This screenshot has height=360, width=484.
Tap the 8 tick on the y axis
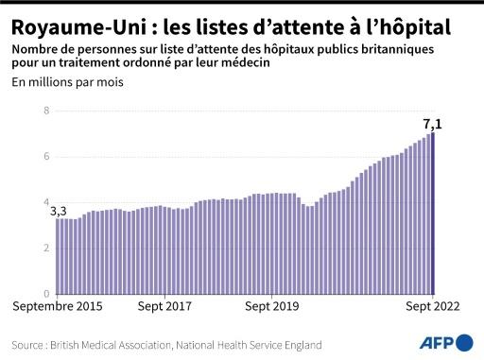(x=45, y=111)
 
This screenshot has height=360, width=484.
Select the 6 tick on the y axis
(x=45, y=156)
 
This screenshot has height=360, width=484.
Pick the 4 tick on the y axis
(x=45, y=201)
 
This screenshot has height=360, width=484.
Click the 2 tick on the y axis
(x=45, y=248)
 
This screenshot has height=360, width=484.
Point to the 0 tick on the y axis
(x=45, y=293)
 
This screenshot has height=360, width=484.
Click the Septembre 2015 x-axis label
(x=57, y=306)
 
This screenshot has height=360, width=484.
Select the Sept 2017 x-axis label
(x=164, y=306)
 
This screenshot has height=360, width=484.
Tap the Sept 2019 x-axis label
(x=272, y=306)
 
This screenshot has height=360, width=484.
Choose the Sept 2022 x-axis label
(x=433, y=306)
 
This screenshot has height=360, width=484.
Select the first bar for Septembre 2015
(x=57, y=255)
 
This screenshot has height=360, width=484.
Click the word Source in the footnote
(x=30, y=345)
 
